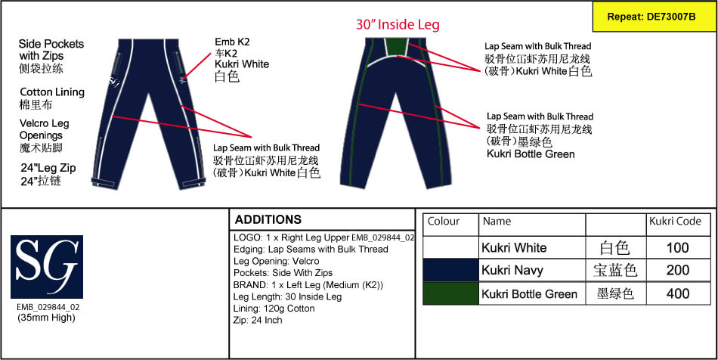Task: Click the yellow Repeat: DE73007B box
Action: [x=655, y=17]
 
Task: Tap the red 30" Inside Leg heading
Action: [x=398, y=24]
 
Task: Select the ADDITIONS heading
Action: [x=268, y=219]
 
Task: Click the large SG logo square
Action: [x=47, y=266]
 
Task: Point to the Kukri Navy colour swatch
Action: [x=450, y=270]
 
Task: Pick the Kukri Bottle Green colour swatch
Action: [x=450, y=293]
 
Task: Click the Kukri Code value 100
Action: [x=678, y=248]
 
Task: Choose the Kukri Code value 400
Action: [x=678, y=293]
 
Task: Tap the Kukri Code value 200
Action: [x=678, y=270]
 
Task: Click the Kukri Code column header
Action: [x=675, y=222]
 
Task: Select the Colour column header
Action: [x=443, y=222]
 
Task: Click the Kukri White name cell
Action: [x=514, y=248]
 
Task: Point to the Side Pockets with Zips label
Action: [x=51, y=50]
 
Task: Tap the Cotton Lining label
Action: [x=52, y=92]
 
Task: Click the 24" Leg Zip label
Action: [x=48, y=168]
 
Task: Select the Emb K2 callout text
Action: [x=232, y=42]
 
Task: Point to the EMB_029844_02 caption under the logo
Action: [x=48, y=307]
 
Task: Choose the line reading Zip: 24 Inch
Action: [x=258, y=320]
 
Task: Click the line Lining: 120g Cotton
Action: [x=274, y=309]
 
